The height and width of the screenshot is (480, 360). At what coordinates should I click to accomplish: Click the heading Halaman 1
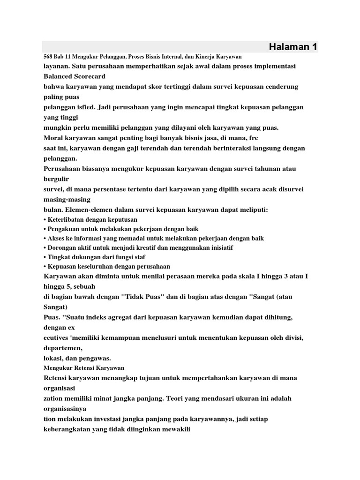coord(293,46)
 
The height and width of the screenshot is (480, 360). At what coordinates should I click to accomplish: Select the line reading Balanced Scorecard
coord(74,76)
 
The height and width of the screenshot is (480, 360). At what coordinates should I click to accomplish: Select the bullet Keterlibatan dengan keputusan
coord(92,219)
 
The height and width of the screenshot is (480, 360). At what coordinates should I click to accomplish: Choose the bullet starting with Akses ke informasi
coord(155,239)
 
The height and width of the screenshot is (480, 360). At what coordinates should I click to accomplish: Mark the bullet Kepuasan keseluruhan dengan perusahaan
coord(108,266)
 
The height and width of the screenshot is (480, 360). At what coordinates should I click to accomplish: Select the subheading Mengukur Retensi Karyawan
coord(83,368)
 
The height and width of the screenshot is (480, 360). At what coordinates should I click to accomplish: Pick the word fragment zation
coord(53,398)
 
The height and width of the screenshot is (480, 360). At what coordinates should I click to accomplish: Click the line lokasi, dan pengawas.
coord(77,358)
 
